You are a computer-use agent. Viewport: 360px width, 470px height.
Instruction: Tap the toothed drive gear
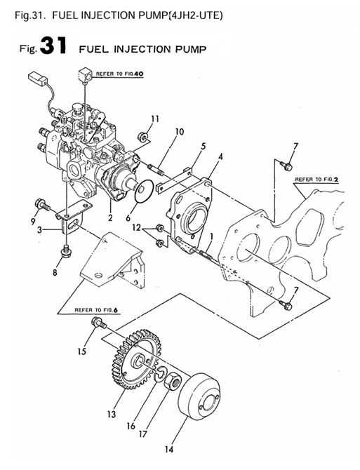[x=133, y=361]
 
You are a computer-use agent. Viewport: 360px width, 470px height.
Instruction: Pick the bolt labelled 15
[x=98, y=323]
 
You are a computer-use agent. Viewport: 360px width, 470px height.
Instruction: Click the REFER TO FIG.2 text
[x=316, y=180]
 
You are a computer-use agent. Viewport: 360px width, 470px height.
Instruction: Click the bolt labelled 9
[x=41, y=204]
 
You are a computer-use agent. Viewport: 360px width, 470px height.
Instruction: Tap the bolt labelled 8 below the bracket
[x=65, y=249]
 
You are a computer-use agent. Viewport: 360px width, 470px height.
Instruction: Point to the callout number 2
[x=110, y=218]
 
